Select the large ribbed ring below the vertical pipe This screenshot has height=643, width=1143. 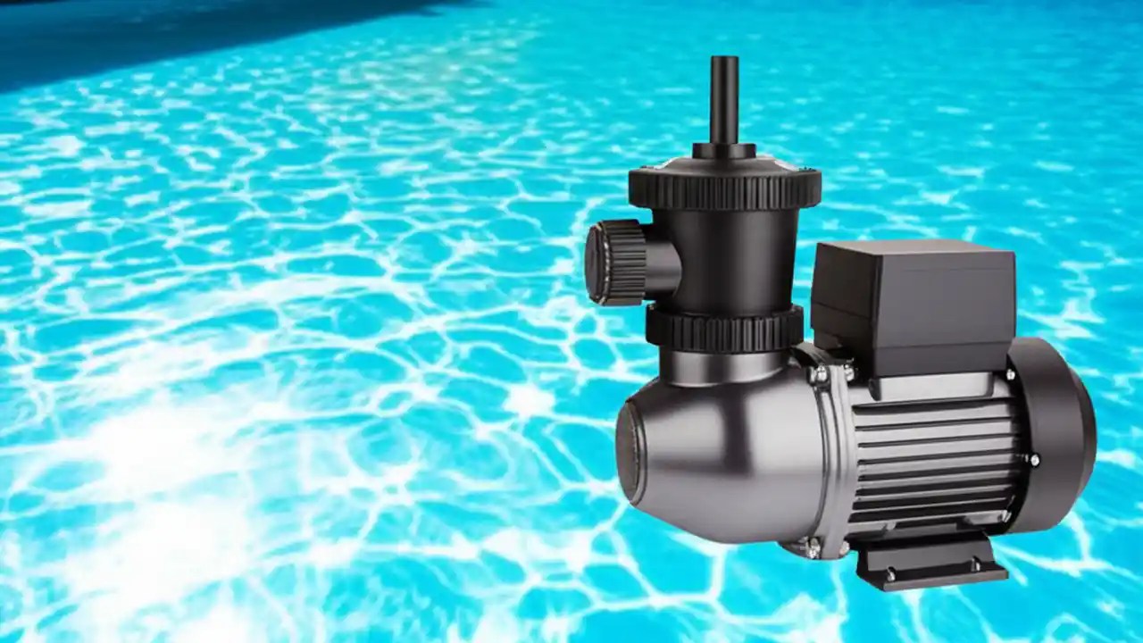[x=724, y=186]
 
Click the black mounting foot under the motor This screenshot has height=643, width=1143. [x=929, y=563]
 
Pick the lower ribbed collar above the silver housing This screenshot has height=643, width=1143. [x=724, y=328]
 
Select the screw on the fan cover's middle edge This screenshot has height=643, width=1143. [x=1034, y=460]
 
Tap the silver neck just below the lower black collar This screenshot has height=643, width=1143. [x=725, y=366]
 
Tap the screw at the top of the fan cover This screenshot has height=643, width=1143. [x=1011, y=373]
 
